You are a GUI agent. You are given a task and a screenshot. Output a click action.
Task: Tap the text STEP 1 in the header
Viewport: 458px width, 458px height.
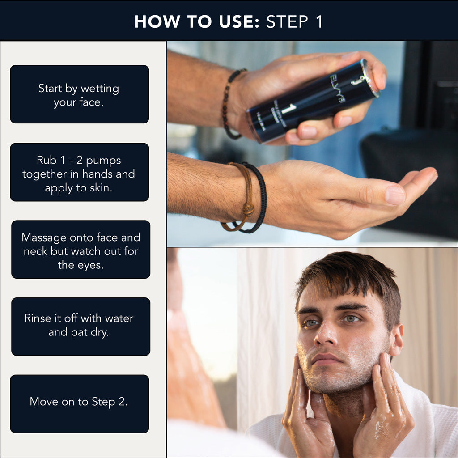pos(294,22)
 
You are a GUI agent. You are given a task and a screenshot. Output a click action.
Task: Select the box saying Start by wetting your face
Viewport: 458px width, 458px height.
pos(79,94)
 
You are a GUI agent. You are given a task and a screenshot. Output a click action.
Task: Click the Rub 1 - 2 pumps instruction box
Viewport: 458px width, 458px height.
pos(79,172)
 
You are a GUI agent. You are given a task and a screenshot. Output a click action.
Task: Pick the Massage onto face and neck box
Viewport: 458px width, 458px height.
pos(81,250)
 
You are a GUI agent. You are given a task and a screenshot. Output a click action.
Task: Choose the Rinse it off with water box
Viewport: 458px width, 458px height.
pos(81,327)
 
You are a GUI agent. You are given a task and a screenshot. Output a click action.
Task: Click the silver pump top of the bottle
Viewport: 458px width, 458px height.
pos(370,77)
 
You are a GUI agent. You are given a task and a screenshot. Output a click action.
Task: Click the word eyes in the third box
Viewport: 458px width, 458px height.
pos(92,265)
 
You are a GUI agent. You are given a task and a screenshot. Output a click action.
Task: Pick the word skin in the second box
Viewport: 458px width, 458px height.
pos(102,187)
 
